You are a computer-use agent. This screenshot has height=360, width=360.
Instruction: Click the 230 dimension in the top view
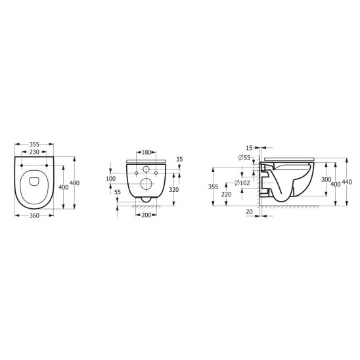pos(34,152)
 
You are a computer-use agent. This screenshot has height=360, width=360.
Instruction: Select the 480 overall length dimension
pos(75,183)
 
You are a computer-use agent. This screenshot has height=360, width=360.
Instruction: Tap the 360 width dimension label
pos(34,215)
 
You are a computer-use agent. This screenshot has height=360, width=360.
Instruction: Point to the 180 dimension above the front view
pos(146,152)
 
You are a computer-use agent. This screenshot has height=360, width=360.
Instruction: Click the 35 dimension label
pos(179,160)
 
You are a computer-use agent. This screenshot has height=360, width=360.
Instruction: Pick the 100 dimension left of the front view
pos(111,179)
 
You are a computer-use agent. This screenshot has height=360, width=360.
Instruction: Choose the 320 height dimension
pos(174,190)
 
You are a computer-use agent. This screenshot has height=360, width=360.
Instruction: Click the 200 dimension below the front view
pos(146,215)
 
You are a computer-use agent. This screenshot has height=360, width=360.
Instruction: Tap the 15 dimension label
pos(249,148)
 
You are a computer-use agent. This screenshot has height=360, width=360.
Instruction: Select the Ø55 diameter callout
pos(244,158)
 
